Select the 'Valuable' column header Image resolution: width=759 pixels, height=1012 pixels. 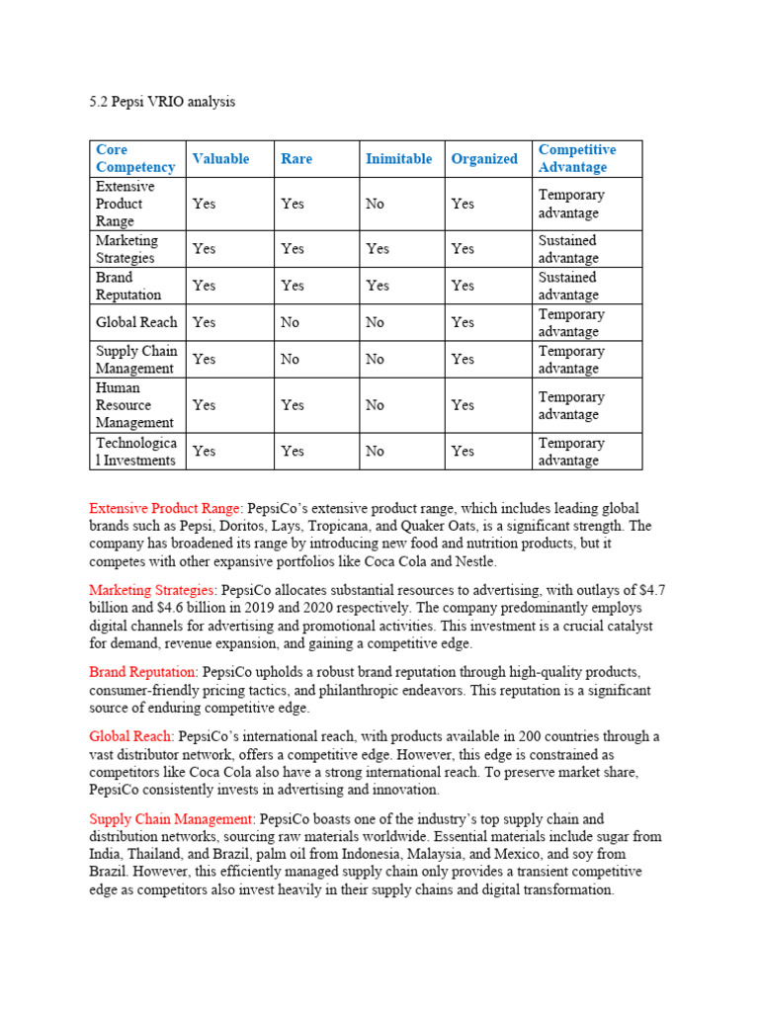pyautogui.click(x=220, y=158)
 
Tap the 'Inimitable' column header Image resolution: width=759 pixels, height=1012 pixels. pyautogui.click(x=398, y=158)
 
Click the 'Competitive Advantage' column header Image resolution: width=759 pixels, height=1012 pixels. pyautogui.click(x=576, y=158)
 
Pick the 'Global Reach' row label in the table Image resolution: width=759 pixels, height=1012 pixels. pyautogui.click(x=136, y=322)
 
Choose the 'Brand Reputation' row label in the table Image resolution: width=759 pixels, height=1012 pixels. pyautogui.click(x=128, y=286)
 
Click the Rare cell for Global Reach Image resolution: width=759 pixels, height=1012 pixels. pyautogui.click(x=290, y=322)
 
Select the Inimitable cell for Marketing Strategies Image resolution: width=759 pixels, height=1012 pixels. pyautogui.click(x=378, y=249)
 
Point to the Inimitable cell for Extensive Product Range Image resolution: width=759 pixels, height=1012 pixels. pyautogui.click(x=376, y=204)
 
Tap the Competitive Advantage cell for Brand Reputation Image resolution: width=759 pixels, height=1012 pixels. pyautogui.click(x=568, y=286)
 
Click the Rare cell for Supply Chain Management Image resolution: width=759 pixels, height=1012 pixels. pyautogui.click(x=290, y=360)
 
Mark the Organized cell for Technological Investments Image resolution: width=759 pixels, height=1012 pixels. pyautogui.click(x=463, y=452)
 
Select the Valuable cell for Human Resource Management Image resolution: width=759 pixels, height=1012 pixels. pyautogui.click(x=204, y=405)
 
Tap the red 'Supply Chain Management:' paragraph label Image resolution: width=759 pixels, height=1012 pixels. pyautogui.click(x=172, y=819)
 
